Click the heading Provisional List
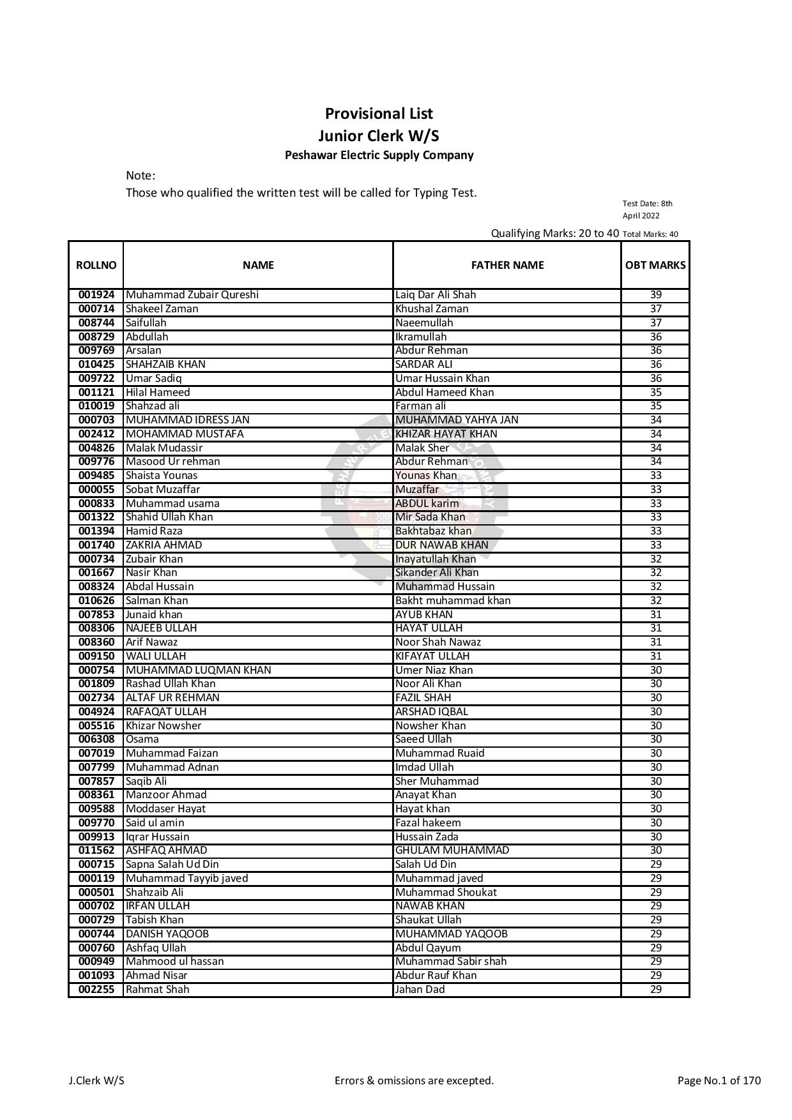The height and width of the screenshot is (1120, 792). [x=379, y=114]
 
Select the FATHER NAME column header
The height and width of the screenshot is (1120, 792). [x=507, y=265]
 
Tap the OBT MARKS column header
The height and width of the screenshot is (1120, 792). [x=655, y=265]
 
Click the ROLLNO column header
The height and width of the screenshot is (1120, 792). [x=96, y=265]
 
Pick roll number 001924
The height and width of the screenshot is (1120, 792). [x=96, y=295]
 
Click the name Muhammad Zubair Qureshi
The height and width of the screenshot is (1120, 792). [x=192, y=295]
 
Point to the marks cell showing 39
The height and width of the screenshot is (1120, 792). [x=655, y=295]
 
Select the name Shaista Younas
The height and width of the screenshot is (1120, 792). [x=162, y=476]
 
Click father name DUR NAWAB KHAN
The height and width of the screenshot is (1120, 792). [x=442, y=545]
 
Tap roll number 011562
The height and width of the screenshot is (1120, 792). [x=96, y=851]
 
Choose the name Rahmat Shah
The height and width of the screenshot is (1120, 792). [x=158, y=990]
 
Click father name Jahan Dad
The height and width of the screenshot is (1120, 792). [x=420, y=990]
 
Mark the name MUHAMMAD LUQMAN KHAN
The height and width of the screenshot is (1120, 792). [x=199, y=670]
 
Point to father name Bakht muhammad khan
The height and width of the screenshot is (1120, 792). [x=453, y=601]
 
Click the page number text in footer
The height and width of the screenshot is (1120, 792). [x=719, y=1080]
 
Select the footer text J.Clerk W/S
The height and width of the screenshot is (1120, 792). [x=96, y=1080]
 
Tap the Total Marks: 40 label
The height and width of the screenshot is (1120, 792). [x=650, y=234]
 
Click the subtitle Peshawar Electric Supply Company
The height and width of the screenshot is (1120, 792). [x=379, y=155]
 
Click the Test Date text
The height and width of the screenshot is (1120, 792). [x=647, y=209]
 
